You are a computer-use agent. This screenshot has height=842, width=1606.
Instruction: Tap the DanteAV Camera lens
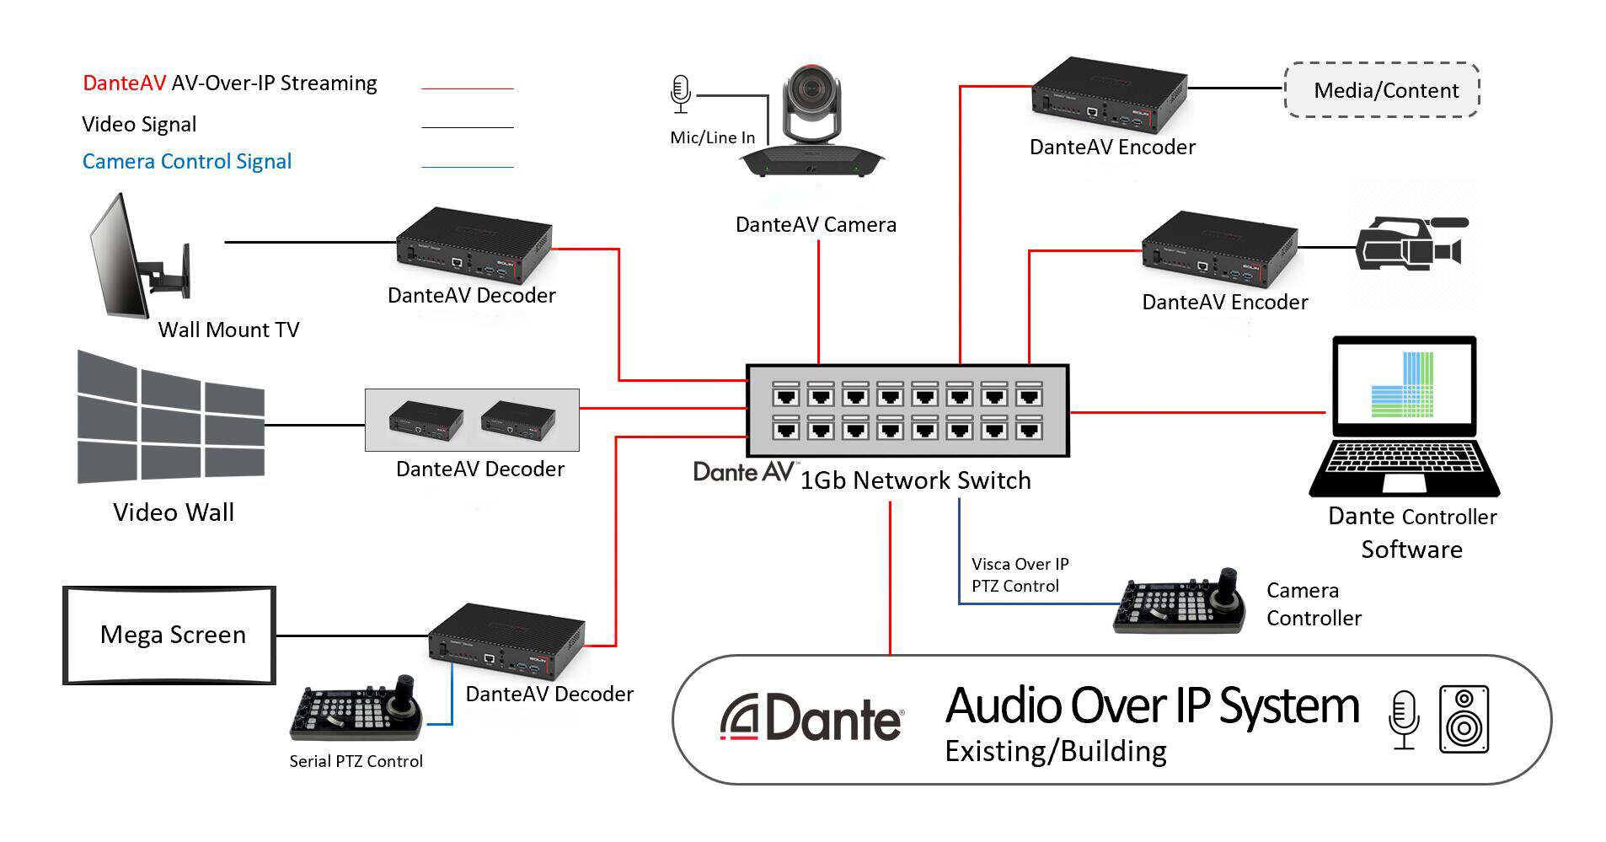coord(814,88)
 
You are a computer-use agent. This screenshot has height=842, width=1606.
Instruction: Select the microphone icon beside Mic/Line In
coord(681,94)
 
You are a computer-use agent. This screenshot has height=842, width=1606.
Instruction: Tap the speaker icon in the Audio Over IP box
coord(1464,719)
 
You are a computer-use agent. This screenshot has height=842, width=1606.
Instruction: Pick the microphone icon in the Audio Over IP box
coord(1404,720)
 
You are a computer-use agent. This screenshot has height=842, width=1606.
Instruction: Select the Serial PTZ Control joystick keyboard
coord(356,707)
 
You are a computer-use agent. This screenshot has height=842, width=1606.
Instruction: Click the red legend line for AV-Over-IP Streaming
coord(467,88)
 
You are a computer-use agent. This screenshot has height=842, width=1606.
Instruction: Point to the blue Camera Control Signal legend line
coord(467,167)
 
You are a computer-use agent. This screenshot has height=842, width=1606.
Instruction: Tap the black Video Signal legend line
coord(467,127)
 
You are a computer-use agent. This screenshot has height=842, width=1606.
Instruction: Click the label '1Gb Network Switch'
coord(915,480)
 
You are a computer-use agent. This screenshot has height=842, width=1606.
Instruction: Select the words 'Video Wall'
coord(174,512)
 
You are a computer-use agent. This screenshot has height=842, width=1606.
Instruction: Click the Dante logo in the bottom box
coord(811,719)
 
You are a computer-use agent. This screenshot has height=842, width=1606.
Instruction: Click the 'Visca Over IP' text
coord(1020,564)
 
